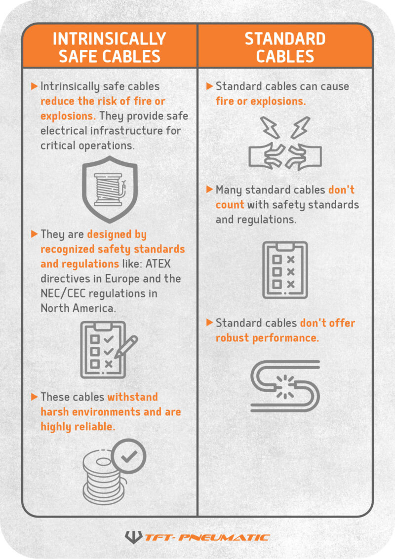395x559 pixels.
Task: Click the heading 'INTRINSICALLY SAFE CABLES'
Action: pyautogui.click(x=109, y=47)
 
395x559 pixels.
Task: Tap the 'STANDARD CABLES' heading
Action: pyautogui.click(x=285, y=47)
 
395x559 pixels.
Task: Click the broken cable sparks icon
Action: pyautogui.click(x=285, y=143)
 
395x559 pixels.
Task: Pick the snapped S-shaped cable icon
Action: pyautogui.click(x=285, y=385)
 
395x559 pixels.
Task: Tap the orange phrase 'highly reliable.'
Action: pyautogui.click(x=78, y=426)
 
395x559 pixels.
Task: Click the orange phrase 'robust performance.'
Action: pyautogui.click(x=267, y=338)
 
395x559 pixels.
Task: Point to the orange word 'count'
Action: pyautogui.click(x=230, y=204)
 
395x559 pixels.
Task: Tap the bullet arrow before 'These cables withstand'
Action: pyautogui.click(x=34, y=397)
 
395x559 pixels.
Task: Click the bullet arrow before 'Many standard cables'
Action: pyautogui.click(x=209, y=189)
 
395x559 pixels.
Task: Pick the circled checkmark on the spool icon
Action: pyautogui.click(x=129, y=456)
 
